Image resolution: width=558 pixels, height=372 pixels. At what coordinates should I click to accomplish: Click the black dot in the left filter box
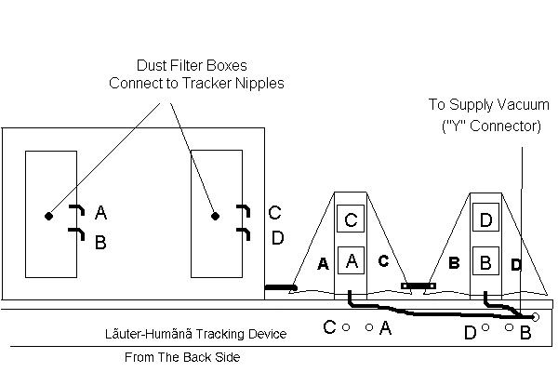[x=48, y=216]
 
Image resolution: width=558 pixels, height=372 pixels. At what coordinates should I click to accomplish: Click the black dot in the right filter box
[x=215, y=216]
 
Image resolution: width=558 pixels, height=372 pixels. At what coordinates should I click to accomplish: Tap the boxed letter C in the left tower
[x=351, y=219]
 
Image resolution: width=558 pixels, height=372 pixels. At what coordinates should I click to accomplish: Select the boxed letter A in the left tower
[x=351, y=260]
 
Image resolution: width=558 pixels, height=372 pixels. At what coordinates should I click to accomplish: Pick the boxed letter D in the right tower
[x=485, y=218]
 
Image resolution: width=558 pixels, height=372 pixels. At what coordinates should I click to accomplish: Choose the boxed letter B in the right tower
[x=485, y=261]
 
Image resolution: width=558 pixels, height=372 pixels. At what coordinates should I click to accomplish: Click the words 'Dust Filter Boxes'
[x=192, y=65]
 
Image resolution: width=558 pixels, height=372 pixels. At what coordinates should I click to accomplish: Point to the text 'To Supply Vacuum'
[x=489, y=105]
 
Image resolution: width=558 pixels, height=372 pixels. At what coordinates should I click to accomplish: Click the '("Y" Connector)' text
[x=491, y=126]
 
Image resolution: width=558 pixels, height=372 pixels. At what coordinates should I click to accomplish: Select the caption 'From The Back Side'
[x=182, y=357]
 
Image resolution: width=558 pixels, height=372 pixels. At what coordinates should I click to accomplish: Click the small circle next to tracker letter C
[x=346, y=327]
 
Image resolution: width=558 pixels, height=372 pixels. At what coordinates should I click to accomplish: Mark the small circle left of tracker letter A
[x=369, y=327]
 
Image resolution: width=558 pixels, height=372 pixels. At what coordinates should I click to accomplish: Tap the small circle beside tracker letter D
[x=485, y=327]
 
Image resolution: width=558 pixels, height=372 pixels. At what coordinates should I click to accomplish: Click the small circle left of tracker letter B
[x=510, y=327]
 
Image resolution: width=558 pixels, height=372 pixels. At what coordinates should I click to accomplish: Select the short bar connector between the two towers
[x=418, y=286]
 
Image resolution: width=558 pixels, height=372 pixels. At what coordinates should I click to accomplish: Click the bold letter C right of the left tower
[x=383, y=261]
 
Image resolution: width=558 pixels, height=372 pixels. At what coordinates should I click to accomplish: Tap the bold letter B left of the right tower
[x=454, y=263]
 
